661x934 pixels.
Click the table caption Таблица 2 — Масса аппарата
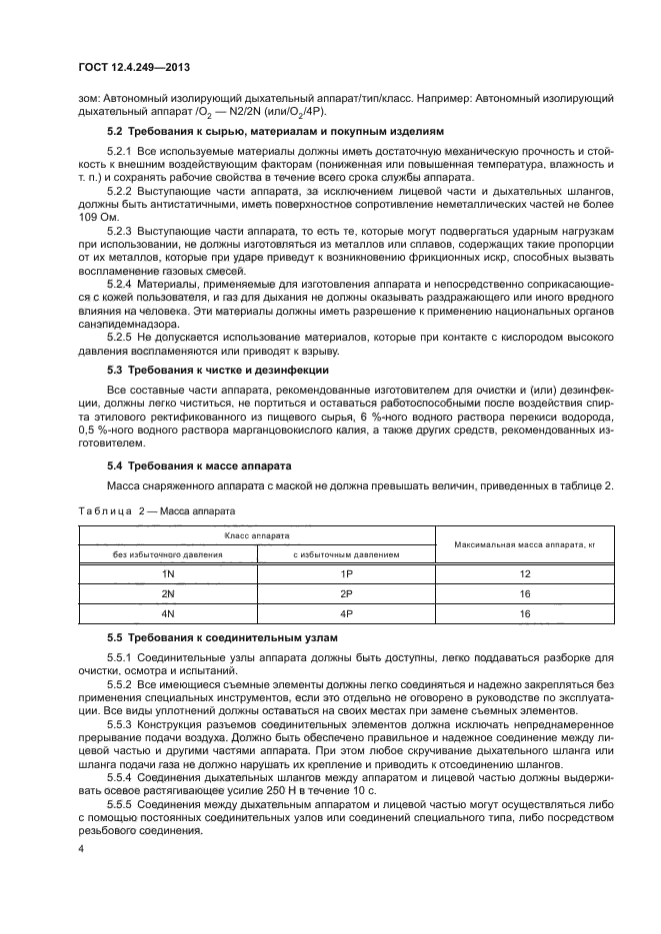pos(157,509)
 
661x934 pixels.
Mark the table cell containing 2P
pos(345,593)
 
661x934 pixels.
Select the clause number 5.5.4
pos(126,776)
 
